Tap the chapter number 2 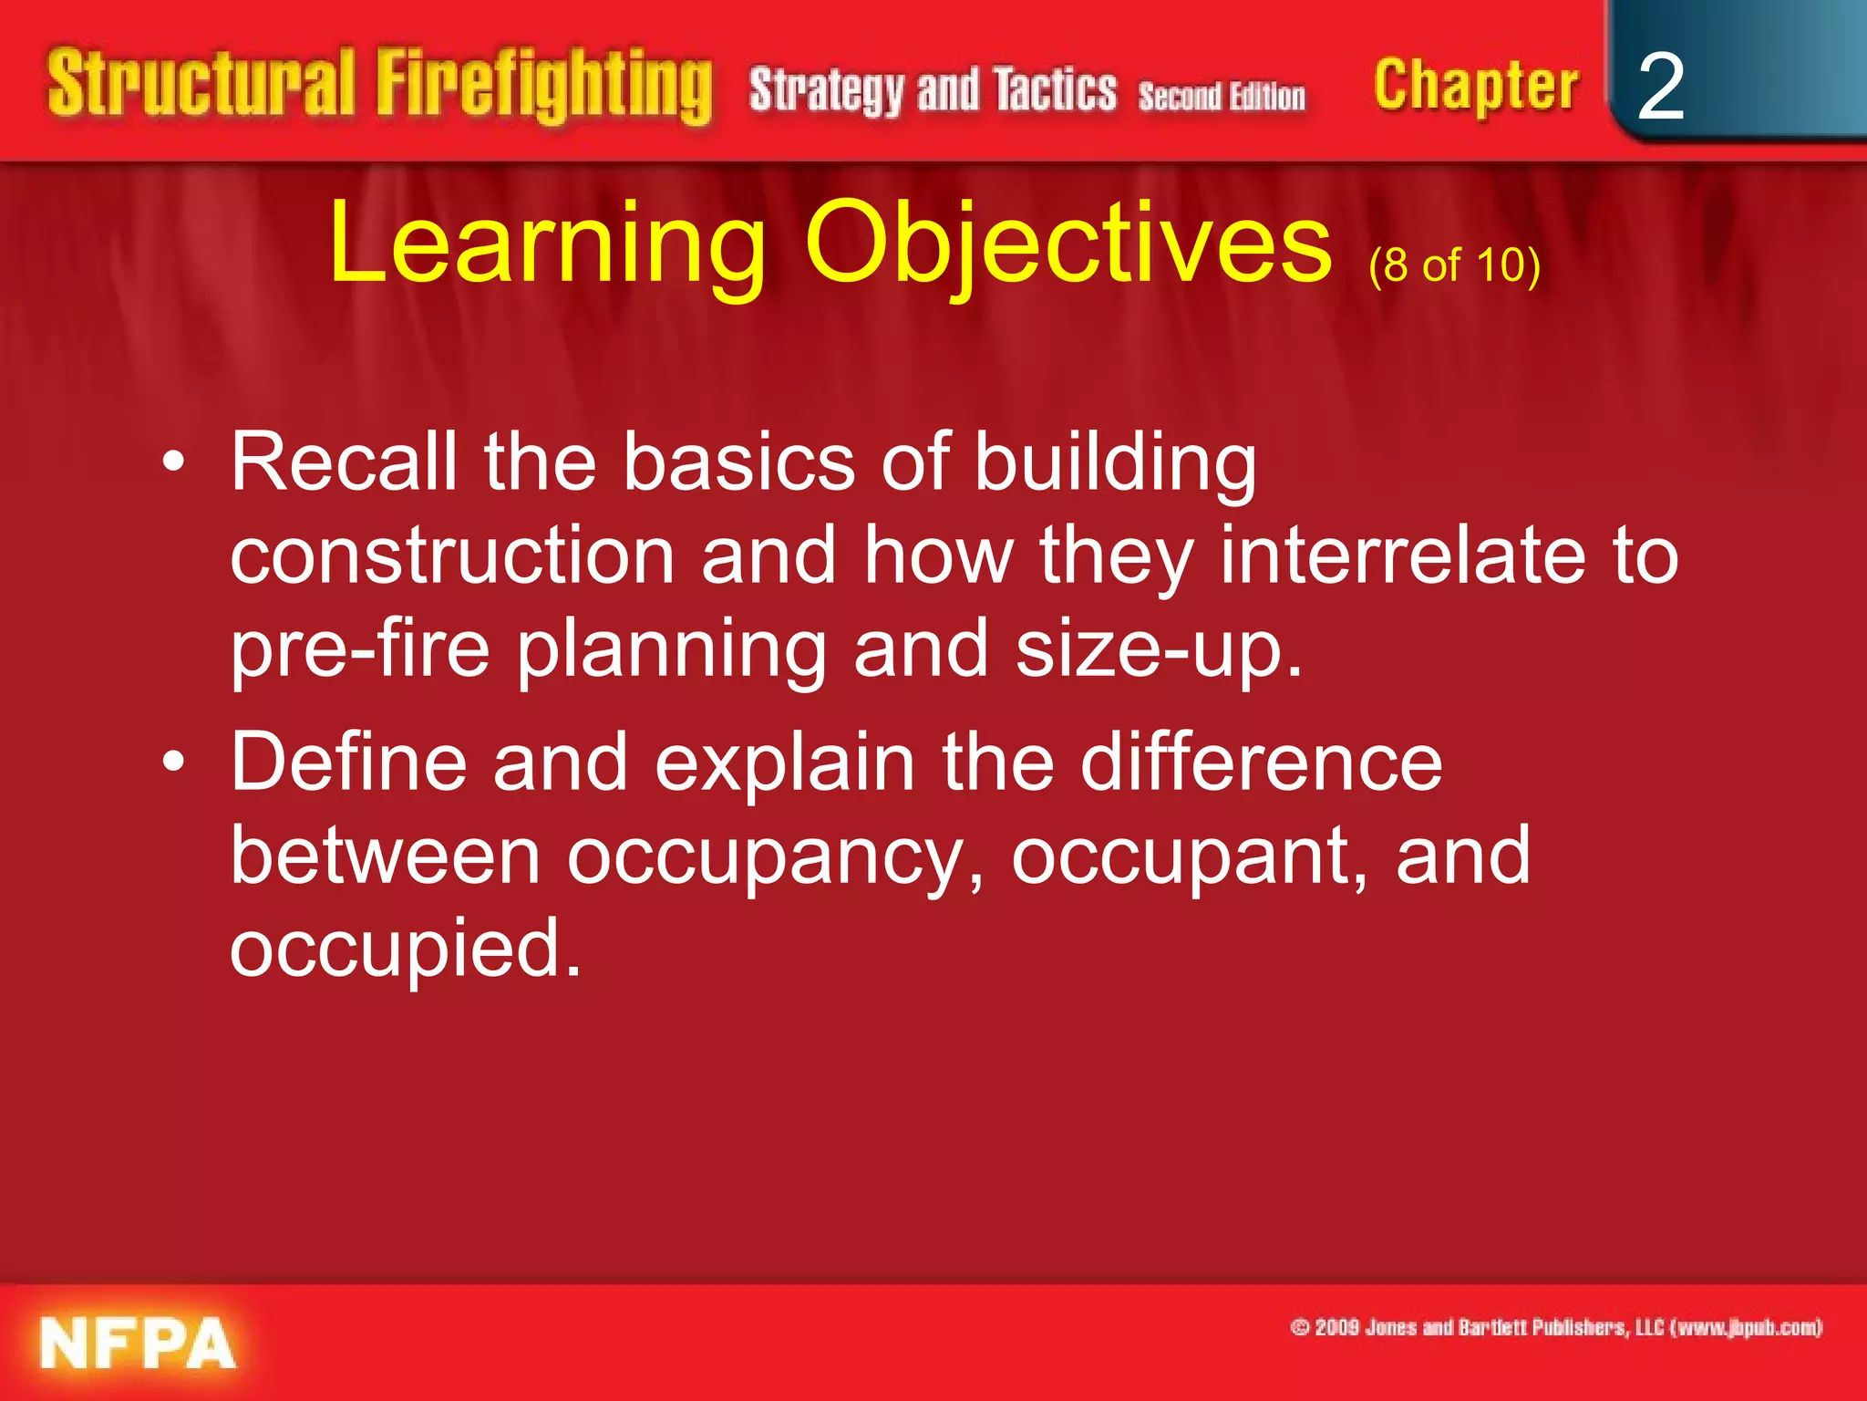[x=1660, y=88]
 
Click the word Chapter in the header [x=1475, y=88]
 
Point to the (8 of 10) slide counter [x=1454, y=265]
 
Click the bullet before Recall [x=173, y=462]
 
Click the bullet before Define [x=173, y=762]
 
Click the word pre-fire [x=360, y=649]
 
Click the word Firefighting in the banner [x=543, y=86]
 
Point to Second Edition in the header [x=1222, y=97]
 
